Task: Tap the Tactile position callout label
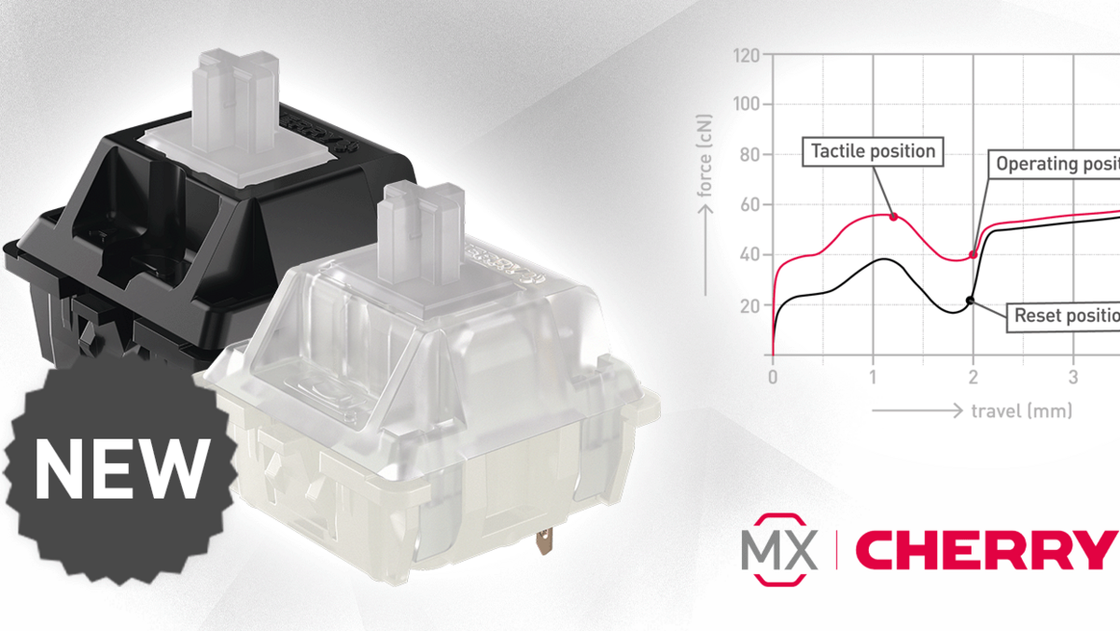[x=872, y=150]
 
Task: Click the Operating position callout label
[x=1056, y=164]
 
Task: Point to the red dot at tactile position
[x=894, y=217]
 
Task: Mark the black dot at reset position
[x=970, y=300]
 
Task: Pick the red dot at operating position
[x=973, y=254]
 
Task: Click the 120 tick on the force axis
[x=749, y=54]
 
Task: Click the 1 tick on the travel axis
[x=873, y=376]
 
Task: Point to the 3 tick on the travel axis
[x=1073, y=376]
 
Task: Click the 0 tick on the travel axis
[x=773, y=376]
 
